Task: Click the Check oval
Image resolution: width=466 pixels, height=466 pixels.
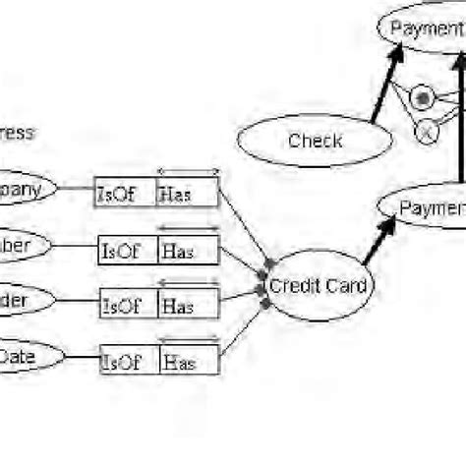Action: (316, 142)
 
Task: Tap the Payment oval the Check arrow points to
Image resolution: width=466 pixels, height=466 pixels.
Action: (423, 28)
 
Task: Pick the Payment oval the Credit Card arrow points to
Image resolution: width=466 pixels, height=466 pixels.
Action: (423, 208)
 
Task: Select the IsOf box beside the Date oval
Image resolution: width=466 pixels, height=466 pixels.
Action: (128, 361)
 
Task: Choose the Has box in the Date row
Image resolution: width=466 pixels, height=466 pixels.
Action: (188, 361)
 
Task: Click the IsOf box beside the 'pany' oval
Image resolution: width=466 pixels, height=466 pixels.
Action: (124, 193)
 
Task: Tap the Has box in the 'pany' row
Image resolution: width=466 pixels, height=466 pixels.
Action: (187, 193)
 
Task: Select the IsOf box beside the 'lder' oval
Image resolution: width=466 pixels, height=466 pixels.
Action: (128, 306)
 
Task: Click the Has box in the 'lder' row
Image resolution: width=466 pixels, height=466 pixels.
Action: (189, 306)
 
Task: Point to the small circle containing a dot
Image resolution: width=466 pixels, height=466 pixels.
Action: (423, 98)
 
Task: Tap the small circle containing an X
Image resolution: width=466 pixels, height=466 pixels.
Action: (427, 131)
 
